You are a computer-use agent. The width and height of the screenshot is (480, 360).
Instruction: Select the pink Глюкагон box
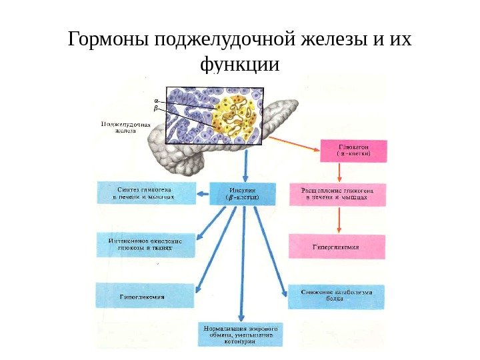coord(353,150)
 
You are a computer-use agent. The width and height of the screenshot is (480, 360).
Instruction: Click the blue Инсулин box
coord(242,193)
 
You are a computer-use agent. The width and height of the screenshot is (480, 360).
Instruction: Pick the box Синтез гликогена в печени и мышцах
coord(147,193)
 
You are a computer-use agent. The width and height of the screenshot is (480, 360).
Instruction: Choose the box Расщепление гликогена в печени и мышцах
coord(337,193)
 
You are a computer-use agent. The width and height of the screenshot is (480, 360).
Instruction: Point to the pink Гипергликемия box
coord(337,247)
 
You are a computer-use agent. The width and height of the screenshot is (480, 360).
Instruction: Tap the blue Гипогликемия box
coord(145,295)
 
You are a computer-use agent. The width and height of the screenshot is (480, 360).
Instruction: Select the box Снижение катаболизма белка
coord(336,296)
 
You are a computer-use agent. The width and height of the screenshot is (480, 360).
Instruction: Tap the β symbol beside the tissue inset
coord(157,107)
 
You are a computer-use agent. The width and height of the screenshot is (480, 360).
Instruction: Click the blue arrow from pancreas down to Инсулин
coord(246,163)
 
